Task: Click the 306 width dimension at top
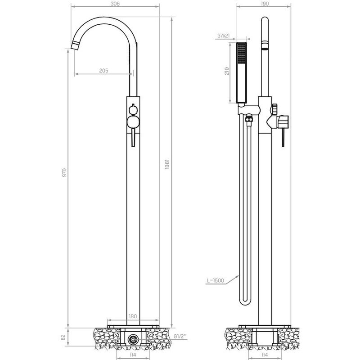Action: click(x=116, y=3)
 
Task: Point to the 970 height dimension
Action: click(x=64, y=172)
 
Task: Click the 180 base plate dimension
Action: click(x=133, y=317)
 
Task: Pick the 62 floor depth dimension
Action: click(x=64, y=336)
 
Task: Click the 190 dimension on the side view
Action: click(x=264, y=3)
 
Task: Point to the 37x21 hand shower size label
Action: click(x=224, y=36)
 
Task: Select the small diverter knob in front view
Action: click(x=133, y=109)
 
